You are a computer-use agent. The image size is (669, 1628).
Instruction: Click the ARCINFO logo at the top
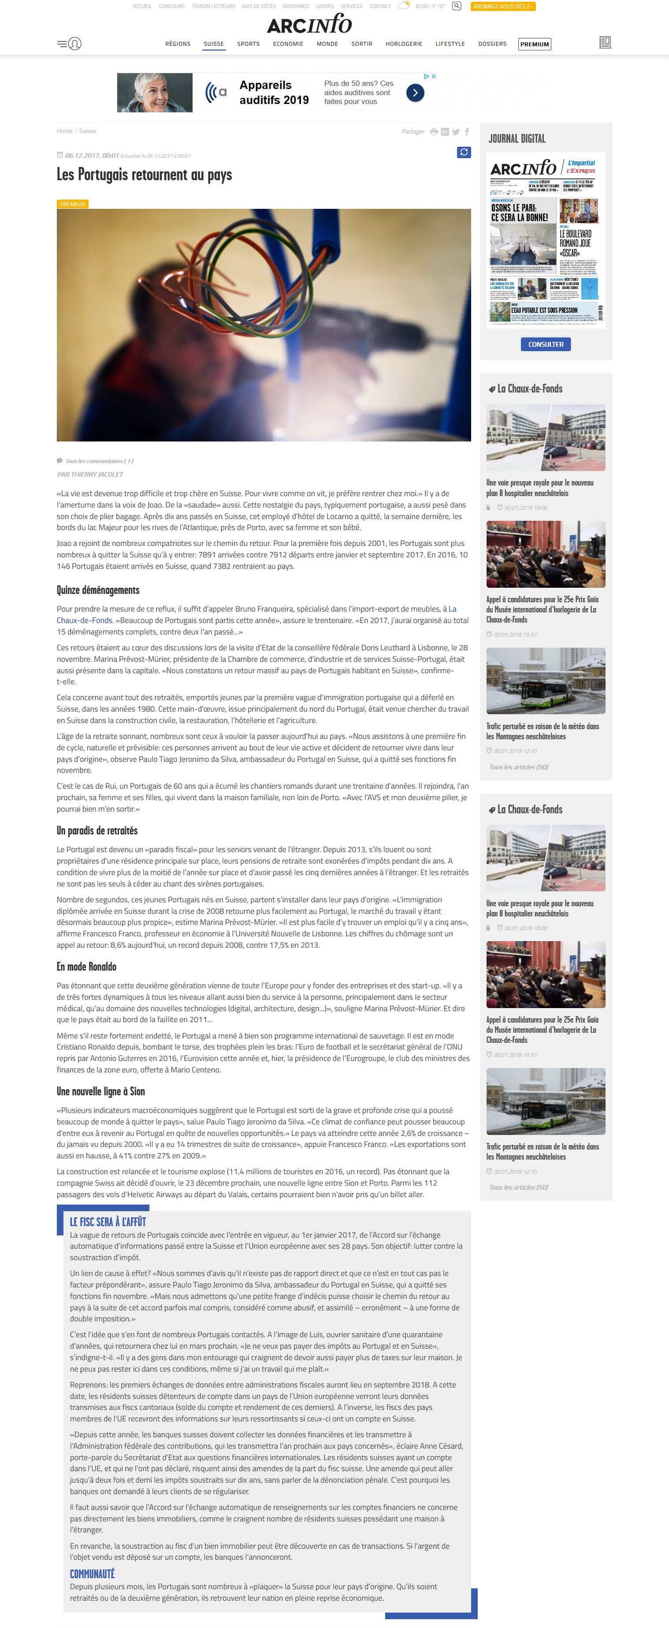[x=309, y=25]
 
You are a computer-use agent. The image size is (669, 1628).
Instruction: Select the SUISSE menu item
[x=214, y=44]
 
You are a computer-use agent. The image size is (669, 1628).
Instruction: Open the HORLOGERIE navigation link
[x=403, y=44]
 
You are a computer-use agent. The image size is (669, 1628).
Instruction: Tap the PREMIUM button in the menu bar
[x=534, y=44]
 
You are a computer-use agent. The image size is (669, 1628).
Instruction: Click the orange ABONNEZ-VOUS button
[x=503, y=6]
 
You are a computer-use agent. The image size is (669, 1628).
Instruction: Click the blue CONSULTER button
[x=546, y=345]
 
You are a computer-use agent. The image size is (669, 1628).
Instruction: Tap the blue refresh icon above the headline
[x=464, y=152]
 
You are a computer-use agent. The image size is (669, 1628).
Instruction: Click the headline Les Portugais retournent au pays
[x=144, y=175]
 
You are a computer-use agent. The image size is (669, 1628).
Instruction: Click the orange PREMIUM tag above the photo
[x=72, y=204]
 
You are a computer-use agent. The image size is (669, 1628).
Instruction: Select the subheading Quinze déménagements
[x=98, y=590]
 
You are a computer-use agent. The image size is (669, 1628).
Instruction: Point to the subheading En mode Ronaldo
[x=87, y=967]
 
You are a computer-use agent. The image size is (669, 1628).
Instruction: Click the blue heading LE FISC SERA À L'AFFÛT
[x=108, y=1222]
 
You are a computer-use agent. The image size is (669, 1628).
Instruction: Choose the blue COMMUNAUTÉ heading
[x=92, y=1574]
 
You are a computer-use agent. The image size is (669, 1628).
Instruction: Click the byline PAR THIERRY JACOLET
[x=90, y=475]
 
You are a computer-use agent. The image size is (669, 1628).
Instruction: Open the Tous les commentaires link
[x=99, y=461]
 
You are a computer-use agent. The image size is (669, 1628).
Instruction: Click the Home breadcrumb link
[x=64, y=131]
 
